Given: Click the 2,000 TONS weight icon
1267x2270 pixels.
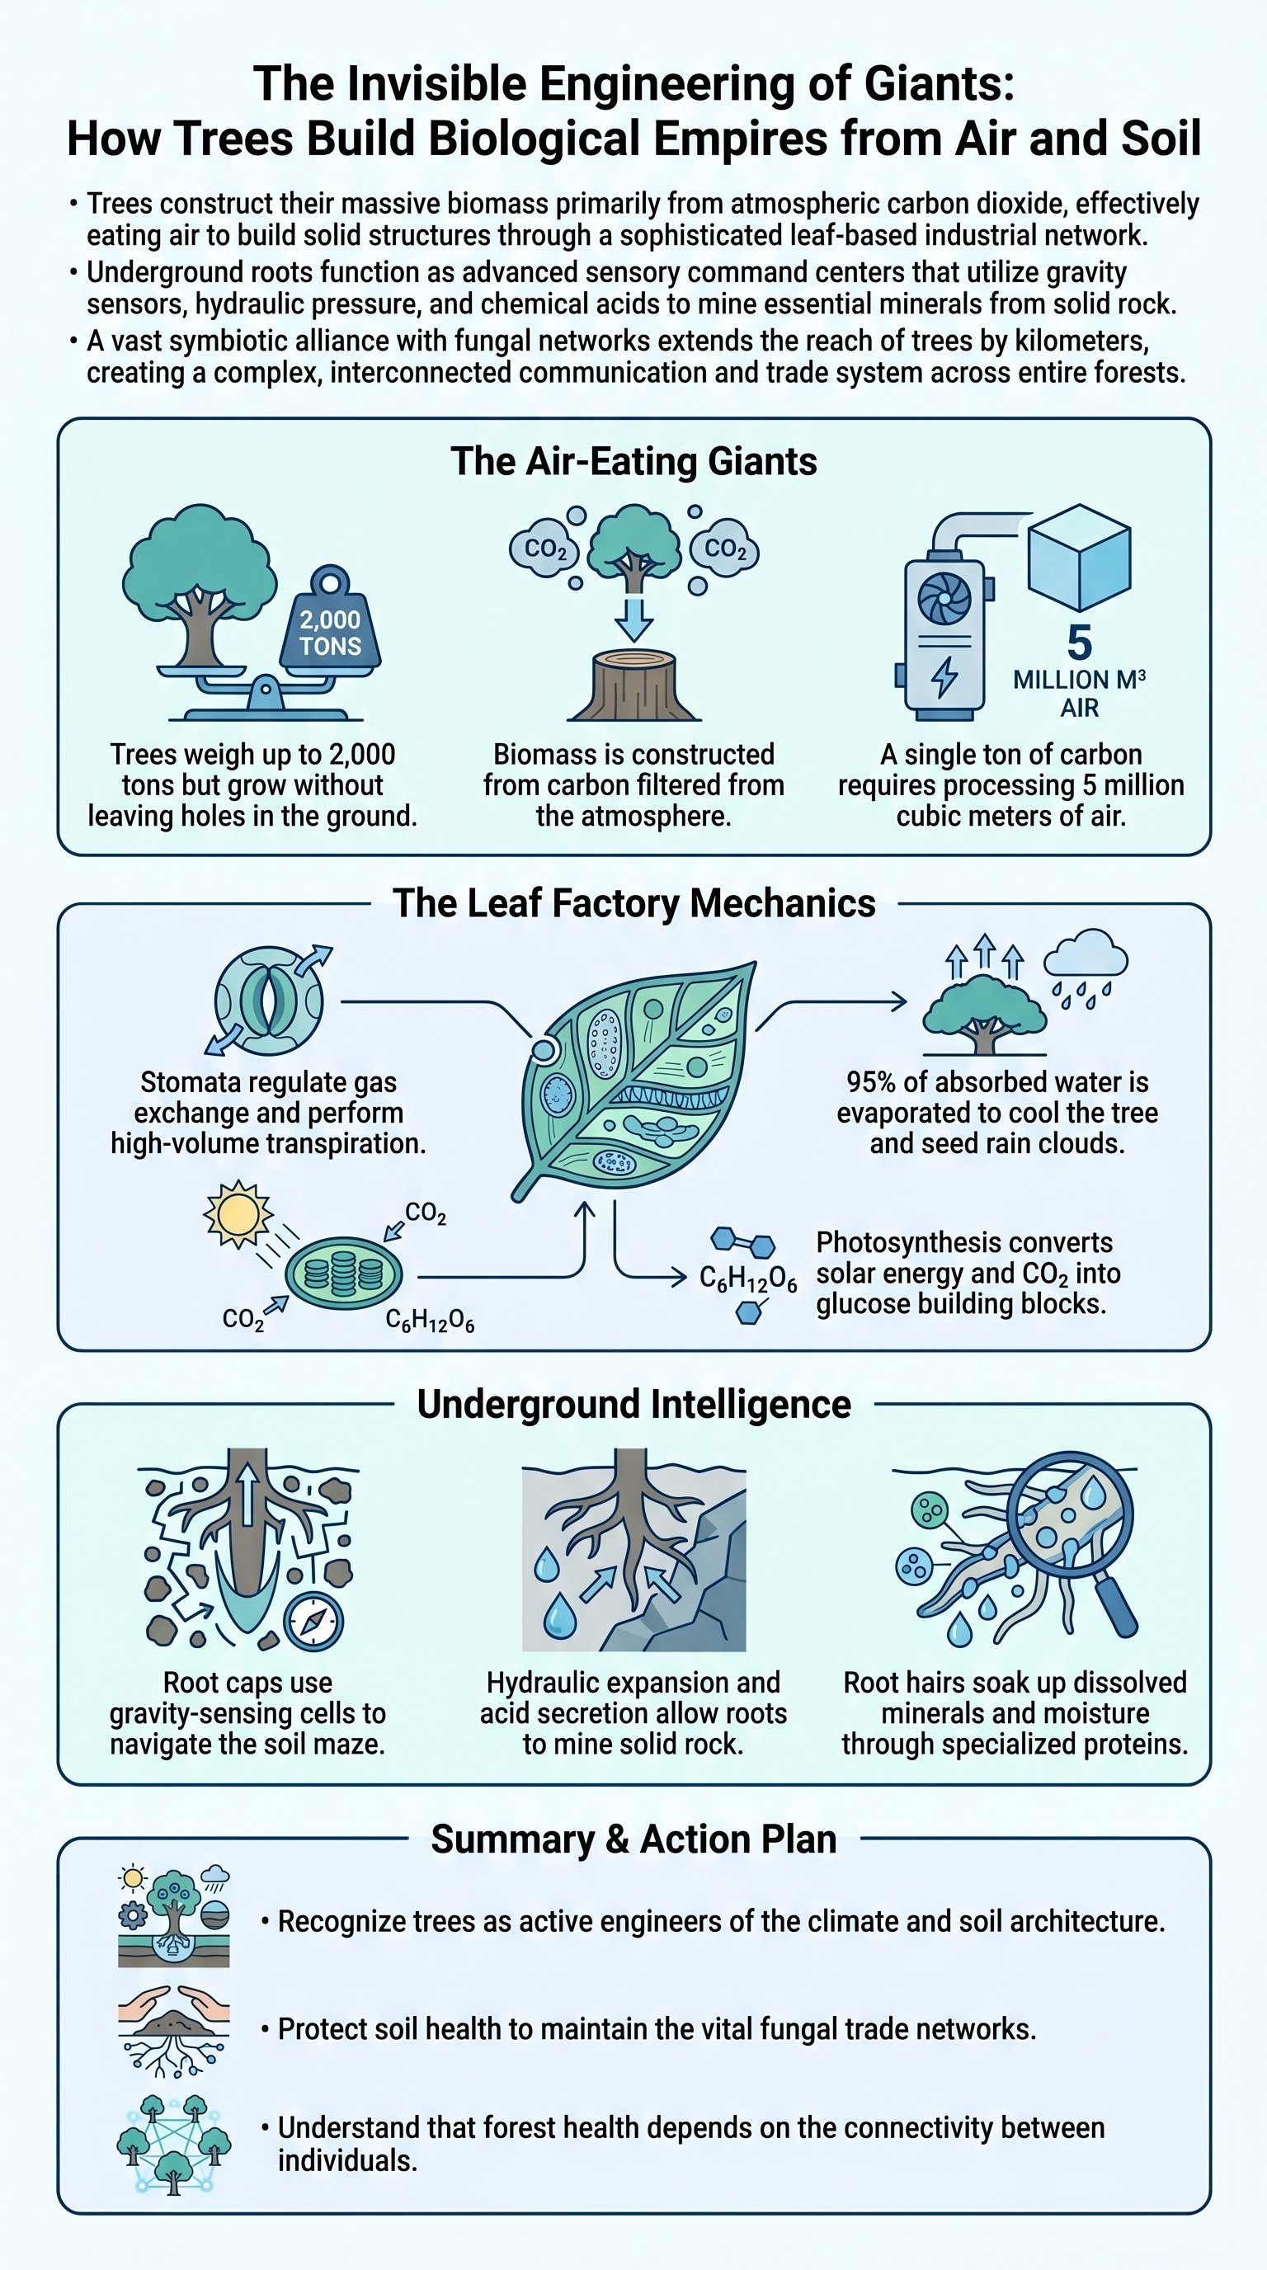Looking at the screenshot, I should click(329, 628).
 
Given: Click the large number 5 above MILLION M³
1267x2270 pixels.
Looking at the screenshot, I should click(1078, 643).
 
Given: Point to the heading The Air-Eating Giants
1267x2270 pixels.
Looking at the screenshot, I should click(633, 462).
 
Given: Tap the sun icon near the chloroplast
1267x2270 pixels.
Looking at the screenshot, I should click(237, 1215).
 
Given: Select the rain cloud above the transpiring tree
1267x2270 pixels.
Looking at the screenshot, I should click(1085, 960).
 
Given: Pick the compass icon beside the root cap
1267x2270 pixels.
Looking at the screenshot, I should click(313, 1619).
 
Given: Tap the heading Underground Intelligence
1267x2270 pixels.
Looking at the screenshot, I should click(633, 1405).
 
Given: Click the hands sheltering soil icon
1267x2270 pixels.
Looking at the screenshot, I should click(173, 2030).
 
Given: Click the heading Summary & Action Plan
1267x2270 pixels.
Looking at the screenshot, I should click(633, 1839).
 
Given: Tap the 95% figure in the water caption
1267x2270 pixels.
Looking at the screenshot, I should click(875, 1082).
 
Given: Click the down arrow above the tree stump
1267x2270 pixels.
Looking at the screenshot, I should click(633, 619).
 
